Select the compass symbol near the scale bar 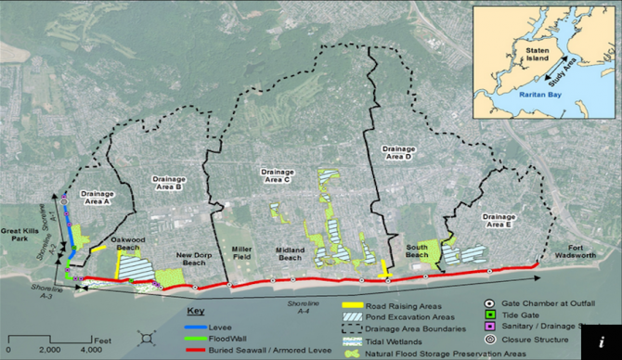pyautogui.click(x=145, y=341)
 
